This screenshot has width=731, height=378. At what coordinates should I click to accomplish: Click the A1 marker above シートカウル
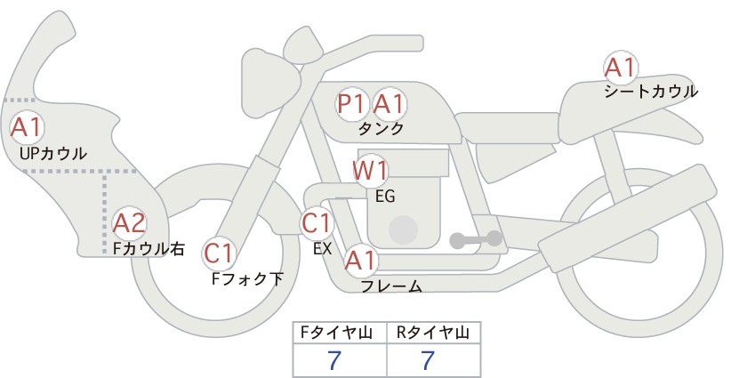[x=620, y=68]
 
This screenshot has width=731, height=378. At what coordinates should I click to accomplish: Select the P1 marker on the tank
[x=351, y=103]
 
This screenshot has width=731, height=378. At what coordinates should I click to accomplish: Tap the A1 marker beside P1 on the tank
[x=388, y=103]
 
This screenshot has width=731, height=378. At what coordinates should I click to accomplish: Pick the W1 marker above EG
[x=370, y=171]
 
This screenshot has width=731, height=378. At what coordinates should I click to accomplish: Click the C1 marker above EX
[x=317, y=223]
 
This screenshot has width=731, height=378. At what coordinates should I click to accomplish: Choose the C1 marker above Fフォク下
[x=219, y=253]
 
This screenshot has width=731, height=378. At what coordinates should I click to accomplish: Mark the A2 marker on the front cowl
[x=129, y=223]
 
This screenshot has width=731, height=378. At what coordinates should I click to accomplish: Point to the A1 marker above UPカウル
[x=27, y=127]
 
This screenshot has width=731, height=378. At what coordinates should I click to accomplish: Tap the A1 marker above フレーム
[x=360, y=261]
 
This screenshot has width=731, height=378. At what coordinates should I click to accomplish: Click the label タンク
[x=381, y=129]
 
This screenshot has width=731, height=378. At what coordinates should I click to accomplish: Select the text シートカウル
[x=651, y=92]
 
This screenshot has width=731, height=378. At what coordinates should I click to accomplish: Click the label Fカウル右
[x=149, y=248]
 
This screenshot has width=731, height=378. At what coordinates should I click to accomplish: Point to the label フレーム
[x=391, y=286]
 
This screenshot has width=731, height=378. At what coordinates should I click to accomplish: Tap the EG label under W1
[x=385, y=197]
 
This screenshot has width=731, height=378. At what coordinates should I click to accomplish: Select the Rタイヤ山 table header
[x=433, y=333]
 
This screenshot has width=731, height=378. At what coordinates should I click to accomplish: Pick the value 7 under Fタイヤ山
[x=334, y=360]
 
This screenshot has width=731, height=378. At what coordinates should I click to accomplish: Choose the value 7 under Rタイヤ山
[x=428, y=360]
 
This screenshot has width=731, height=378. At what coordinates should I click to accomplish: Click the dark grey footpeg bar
[x=476, y=239]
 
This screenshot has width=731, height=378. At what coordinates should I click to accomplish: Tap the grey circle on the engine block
[x=403, y=229]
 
